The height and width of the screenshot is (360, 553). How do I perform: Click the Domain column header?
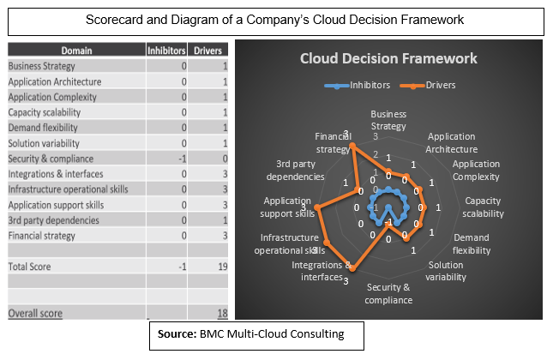coord(76,51)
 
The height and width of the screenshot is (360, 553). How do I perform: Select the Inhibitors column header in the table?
coord(166,51)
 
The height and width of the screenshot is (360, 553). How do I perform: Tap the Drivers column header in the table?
coord(207,51)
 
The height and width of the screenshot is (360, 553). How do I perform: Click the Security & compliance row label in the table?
coord(51,159)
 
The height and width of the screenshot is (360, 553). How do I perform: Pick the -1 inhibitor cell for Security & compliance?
coord(183,159)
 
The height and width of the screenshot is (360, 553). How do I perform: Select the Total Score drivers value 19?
coord(223,267)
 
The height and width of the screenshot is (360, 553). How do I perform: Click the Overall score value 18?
coord(223,313)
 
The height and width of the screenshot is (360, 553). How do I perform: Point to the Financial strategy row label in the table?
coord(42,236)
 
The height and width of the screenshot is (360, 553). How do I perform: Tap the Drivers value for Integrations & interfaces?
coord(225,174)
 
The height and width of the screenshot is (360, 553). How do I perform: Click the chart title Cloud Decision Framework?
coord(388,58)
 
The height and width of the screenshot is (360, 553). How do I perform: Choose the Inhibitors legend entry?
coord(358,86)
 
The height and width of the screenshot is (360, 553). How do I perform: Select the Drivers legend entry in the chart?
coord(428,86)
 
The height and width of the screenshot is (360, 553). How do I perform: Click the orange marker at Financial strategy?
coord(352,146)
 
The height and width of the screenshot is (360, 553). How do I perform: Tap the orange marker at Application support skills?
coord(318,208)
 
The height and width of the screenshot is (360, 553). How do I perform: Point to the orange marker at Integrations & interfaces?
coord(353,268)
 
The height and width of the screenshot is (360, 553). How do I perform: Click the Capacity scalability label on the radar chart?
coord(483,207)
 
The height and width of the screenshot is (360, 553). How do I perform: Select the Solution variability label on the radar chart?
coord(446,271)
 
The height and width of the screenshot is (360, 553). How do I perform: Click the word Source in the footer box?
coord(175,333)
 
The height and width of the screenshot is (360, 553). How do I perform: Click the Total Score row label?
coord(30,267)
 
